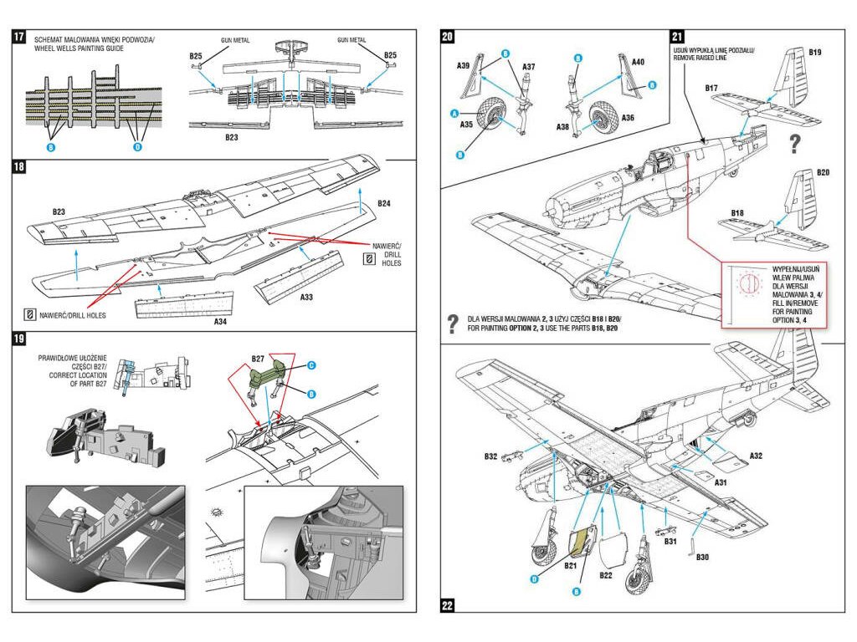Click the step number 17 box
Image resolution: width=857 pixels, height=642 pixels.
(x=18, y=37)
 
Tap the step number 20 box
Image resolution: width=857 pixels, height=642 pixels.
(x=448, y=37)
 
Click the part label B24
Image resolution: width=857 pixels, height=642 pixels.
(x=384, y=203)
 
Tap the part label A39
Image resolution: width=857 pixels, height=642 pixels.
(x=464, y=65)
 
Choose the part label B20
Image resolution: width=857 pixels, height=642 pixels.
(x=823, y=173)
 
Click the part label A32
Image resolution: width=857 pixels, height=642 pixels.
(x=756, y=456)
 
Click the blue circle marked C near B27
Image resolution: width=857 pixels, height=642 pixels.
(x=310, y=365)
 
